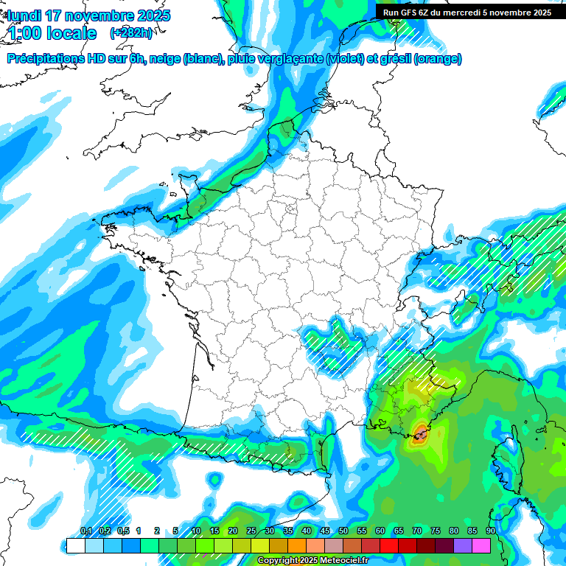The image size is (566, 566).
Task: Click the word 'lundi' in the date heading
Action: pos(24,15)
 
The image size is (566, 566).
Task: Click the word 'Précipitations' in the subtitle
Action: pos(45,59)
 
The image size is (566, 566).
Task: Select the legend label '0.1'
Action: pos(86,531)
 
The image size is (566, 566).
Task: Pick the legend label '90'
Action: pos(491,531)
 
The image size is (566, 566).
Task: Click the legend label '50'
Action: pos(343,531)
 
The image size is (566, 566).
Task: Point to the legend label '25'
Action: pos(251,531)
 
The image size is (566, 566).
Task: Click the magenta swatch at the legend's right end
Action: pos(481,545)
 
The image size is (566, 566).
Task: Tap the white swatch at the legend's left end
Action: pos(75,545)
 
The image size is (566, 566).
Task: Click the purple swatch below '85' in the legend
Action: pos(463,545)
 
